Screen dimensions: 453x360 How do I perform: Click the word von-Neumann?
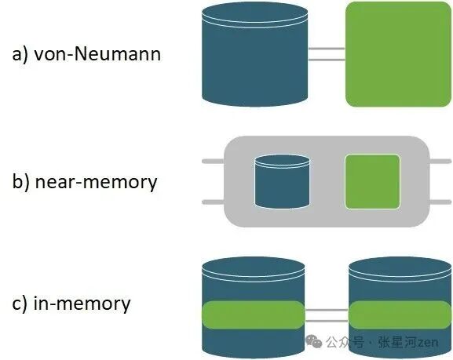[97, 54]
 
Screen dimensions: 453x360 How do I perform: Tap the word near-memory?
[96, 183]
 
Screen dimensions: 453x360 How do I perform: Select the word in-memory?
[82, 304]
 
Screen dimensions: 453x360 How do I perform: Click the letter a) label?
[20, 54]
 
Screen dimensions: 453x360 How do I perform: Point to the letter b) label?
[20, 181]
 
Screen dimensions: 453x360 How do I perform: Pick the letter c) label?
[20, 304]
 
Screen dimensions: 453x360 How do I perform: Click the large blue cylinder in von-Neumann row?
[254, 55]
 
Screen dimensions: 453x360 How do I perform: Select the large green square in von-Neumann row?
[398, 54]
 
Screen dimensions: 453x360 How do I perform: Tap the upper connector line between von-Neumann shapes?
[327, 49]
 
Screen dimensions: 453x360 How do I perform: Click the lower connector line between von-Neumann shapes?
[327, 60]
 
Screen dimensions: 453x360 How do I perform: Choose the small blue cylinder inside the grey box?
[282, 182]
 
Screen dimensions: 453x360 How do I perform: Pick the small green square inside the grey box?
[372, 182]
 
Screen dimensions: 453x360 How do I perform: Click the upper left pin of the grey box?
[214, 161]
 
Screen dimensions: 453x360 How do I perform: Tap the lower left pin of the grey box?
[214, 202]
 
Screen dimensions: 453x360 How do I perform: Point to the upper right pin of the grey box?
[440, 161]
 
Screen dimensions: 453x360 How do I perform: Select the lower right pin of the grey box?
[440, 202]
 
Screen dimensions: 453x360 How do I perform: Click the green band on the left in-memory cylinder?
[254, 315]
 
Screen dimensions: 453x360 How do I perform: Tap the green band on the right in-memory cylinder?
[400, 315]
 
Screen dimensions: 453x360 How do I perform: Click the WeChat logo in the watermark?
[314, 341]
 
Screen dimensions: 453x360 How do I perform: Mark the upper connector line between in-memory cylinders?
[327, 310]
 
